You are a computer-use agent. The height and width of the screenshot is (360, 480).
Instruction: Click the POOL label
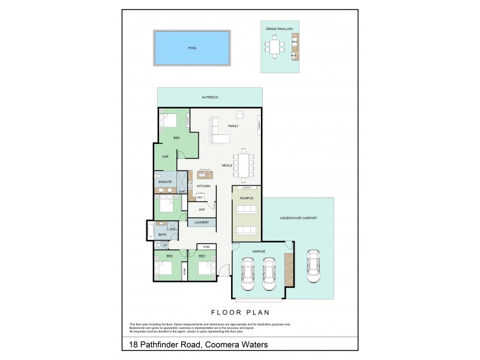click(x=192, y=48)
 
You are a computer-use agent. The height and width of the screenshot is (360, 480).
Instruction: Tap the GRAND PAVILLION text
click(x=279, y=29)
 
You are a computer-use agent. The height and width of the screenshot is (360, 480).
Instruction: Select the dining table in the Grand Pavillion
click(x=275, y=46)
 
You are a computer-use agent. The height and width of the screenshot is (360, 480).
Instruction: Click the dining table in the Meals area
click(x=244, y=165)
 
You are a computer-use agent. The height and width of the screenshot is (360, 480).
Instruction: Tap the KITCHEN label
click(x=203, y=186)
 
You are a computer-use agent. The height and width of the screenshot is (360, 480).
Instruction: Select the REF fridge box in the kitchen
click(x=200, y=197)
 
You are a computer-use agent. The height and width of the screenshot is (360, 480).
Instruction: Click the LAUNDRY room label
click(x=202, y=223)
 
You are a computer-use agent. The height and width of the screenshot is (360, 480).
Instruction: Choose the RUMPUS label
click(x=247, y=197)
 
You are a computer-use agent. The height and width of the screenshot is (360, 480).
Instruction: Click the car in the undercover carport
click(x=312, y=265)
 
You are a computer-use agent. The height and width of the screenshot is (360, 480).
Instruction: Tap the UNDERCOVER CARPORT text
click(x=298, y=218)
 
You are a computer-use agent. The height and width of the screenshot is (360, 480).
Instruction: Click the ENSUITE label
click(x=166, y=181)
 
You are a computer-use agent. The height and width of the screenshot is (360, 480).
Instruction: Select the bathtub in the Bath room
click(x=150, y=232)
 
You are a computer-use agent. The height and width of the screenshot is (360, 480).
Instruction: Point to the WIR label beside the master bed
click(x=165, y=157)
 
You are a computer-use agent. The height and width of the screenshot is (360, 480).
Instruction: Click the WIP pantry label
click(x=202, y=210)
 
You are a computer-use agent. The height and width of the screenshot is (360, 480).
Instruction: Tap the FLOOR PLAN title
click(x=240, y=313)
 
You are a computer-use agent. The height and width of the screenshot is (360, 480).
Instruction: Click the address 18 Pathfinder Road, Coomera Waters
click(x=199, y=344)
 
